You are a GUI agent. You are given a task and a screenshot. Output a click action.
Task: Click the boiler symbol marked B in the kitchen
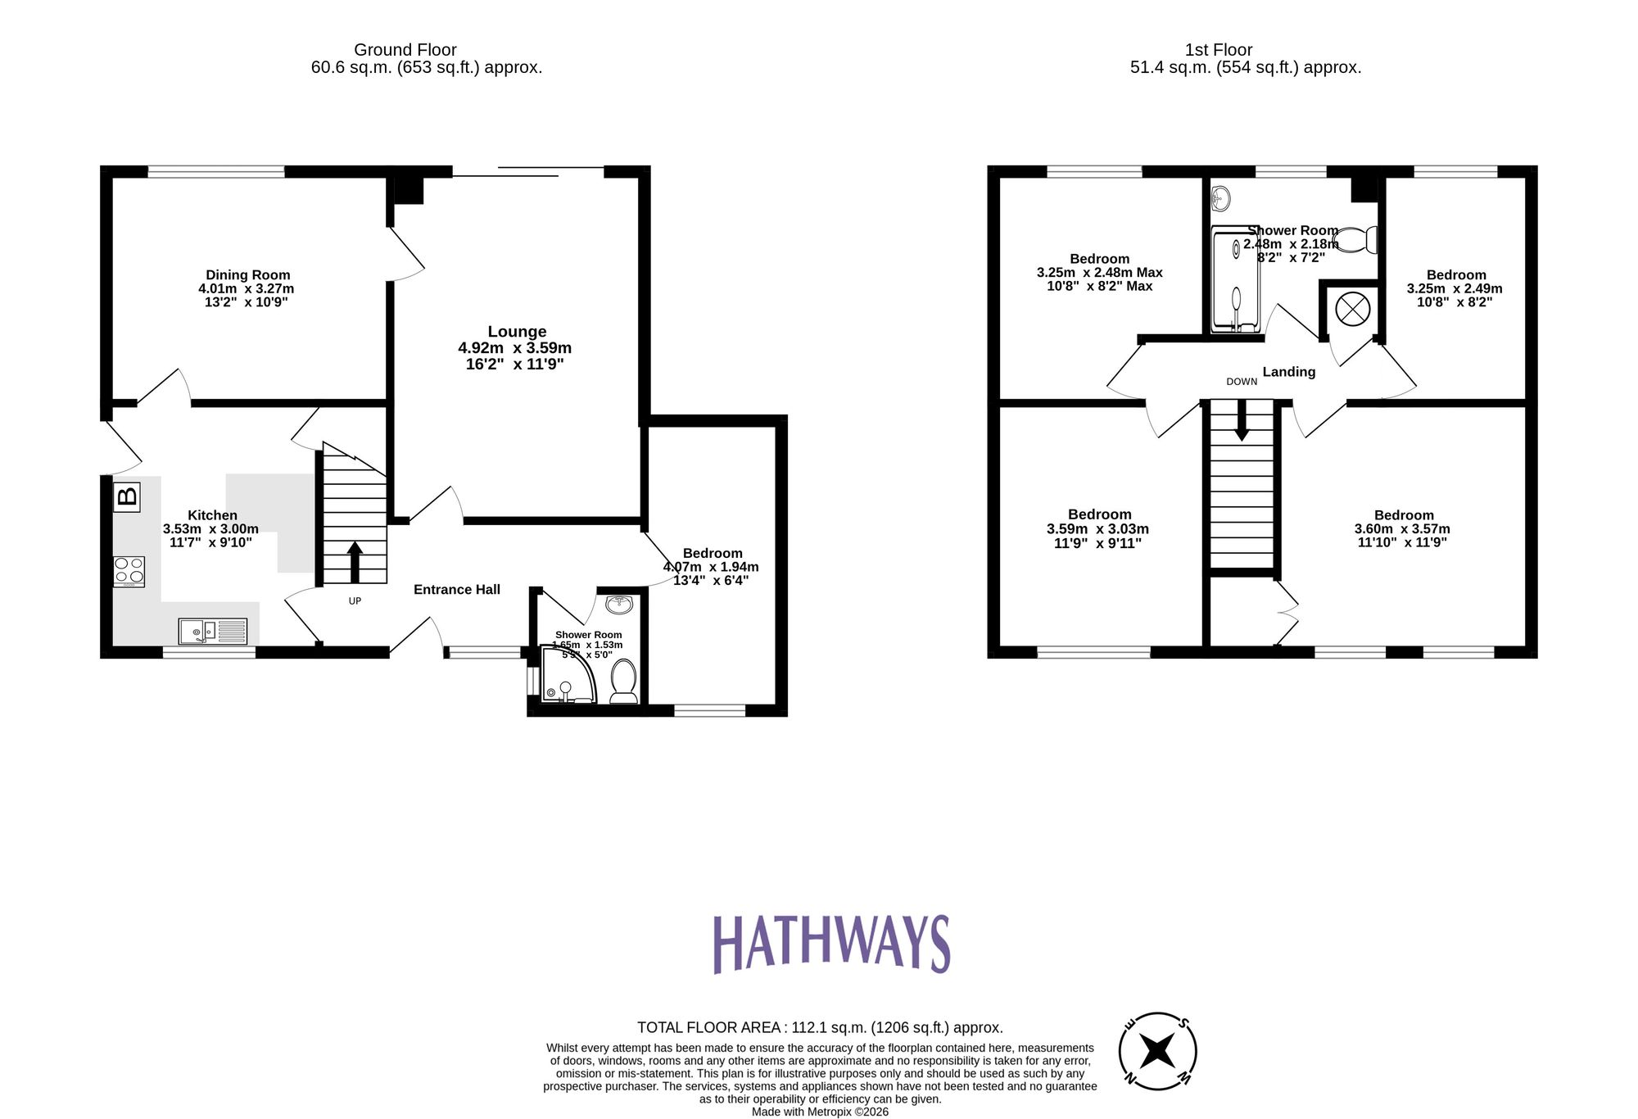pos(127,496)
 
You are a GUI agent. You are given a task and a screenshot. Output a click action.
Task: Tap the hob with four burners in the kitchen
pos(129,572)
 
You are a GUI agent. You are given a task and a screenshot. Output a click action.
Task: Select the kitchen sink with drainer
pos(212,631)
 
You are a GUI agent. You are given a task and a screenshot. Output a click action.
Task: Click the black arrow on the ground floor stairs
pos(355,562)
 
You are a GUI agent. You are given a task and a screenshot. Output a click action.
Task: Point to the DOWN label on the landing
pos(1242,382)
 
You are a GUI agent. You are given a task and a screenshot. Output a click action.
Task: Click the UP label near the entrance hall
pos(355,601)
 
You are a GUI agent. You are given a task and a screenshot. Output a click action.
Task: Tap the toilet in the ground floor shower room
pos(624,682)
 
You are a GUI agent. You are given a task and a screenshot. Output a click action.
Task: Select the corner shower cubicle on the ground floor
pos(567,677)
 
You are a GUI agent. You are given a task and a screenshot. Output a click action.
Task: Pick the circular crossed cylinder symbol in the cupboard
pos(1352,309)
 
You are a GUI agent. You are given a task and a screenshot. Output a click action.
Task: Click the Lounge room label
pos(517,332)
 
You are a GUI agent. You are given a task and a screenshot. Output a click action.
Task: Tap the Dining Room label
pos(247,275)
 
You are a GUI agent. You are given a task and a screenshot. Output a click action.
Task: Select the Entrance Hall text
pos(456,590)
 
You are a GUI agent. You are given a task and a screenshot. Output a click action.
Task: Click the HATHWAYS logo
pos(830,944)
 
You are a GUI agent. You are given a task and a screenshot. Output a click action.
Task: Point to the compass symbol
pos(1157,1051)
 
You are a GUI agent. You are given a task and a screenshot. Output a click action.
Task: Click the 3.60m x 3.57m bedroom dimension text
pos(1403,529)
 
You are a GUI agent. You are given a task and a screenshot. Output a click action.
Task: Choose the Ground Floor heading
pos(405,50)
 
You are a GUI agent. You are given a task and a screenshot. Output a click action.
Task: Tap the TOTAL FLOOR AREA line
pos(819,1027)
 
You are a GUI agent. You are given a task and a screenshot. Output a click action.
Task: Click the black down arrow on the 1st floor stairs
pos(1242,420)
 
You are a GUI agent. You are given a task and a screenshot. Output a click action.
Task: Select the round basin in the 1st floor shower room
pos(1220,198)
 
